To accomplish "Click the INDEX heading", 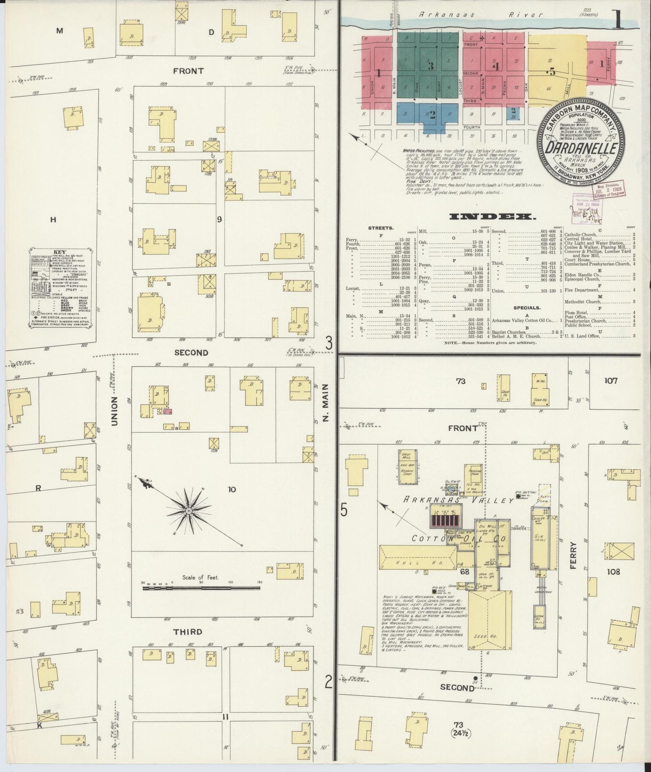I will coord(493,217).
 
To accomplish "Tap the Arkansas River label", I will coord(481,14).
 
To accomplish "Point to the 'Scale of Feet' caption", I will coord(200,577).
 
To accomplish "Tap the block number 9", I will coord(219,219).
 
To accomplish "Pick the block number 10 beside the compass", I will coord(231,489).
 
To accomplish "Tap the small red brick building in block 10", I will coord(168,411).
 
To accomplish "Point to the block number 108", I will coord(613,572).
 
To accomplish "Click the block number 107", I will coord(611,381).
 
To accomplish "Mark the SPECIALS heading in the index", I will coord(527,308).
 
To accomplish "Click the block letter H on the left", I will coord(53,220).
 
